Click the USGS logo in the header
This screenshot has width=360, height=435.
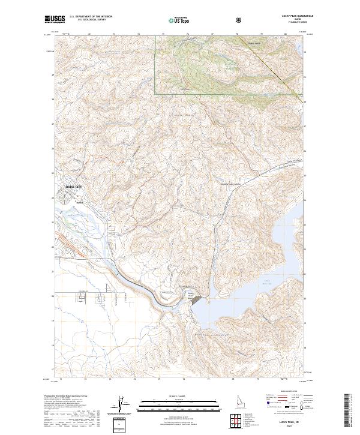[x=54, y=20]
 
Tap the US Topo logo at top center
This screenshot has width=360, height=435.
[x=178, y=20]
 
